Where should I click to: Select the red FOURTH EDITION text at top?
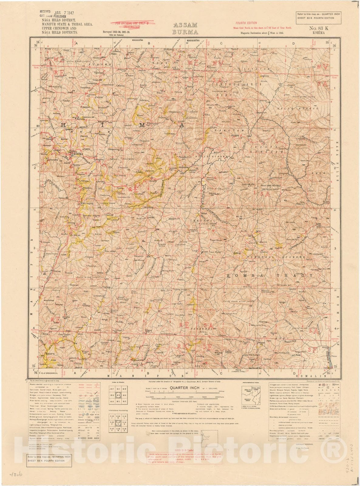pyautogui.click(x=246, y=23)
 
